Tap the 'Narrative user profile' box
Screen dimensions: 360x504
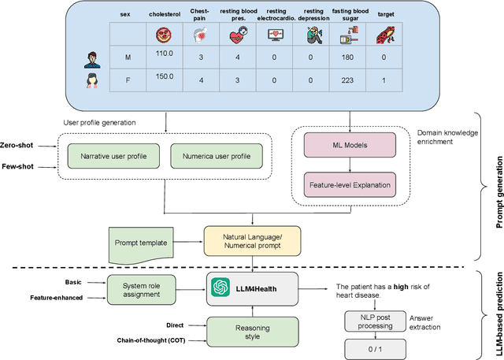click(x=113, y=156)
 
